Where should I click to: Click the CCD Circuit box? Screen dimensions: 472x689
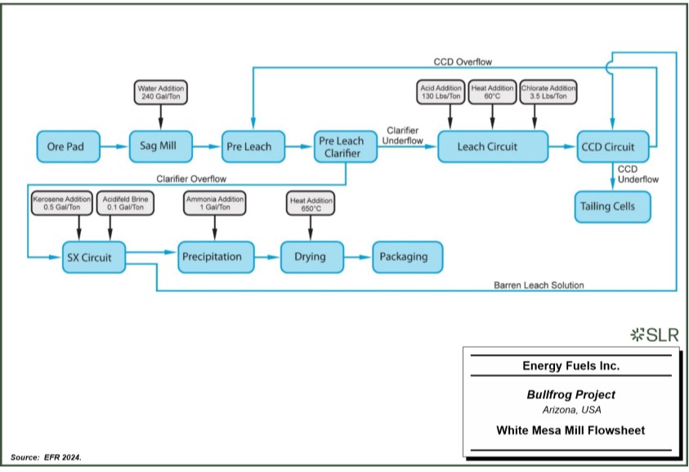614,146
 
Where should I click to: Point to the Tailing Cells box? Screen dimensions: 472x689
614,206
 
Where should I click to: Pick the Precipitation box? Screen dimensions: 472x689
211,257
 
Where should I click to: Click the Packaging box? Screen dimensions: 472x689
406,257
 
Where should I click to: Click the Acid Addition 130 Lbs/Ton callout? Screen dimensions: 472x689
441,92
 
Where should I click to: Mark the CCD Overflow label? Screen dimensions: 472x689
463,61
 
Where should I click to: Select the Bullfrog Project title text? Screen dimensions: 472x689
570,395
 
